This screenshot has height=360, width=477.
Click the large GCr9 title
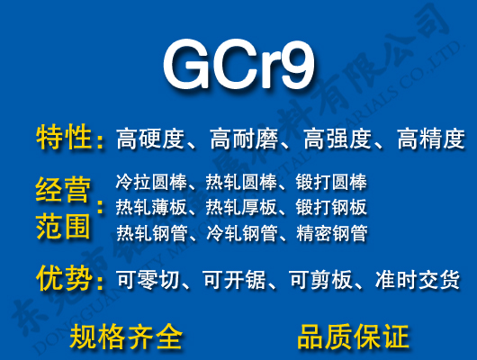[238, 66]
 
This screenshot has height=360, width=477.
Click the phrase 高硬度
[150, 139]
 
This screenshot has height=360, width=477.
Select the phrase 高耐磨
[244, 139]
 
